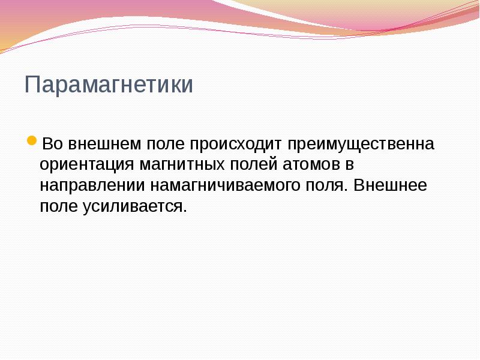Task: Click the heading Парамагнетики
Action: pyautogui.click(x=109, y=85)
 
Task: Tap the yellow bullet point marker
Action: pyautogui.click(x=32, y=143)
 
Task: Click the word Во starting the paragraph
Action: pyautogui.click(x=52, y=145)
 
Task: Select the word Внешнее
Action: pyautogui.click(x=391, y=185)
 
